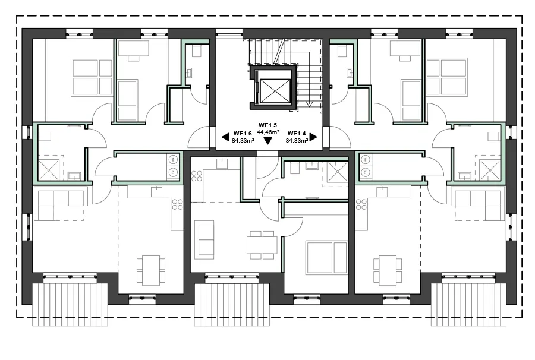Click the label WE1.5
(267, 125)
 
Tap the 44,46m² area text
(268, 132)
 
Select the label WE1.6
(243, 134)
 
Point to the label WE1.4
(297, 134)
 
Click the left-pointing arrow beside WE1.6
(225, 137)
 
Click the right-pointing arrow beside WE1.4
(313, 137)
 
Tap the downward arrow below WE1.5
(268, 140)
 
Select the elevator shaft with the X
(273, 87)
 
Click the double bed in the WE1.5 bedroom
(327, 258)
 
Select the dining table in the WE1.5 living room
(262, 245)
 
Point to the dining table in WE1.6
(151, 270)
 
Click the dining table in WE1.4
(388, 270)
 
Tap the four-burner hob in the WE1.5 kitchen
(197, 176)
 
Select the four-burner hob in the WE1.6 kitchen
(177, 204)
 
